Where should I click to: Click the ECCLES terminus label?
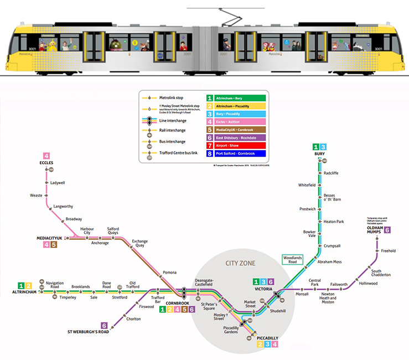[x=46, y=163]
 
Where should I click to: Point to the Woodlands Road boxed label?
[x=292, y=260]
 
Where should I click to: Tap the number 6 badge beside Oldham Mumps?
[x=387, y=229]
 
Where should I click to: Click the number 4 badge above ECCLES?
[x=46, y=156]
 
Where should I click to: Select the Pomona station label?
[x=170, y=272]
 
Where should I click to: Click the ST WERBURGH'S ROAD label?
[x=88, y=332]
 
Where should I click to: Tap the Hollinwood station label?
[x=368, y=283]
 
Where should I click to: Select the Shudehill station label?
[x=277, y=311]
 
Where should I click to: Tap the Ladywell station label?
[x=57, y=182]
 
